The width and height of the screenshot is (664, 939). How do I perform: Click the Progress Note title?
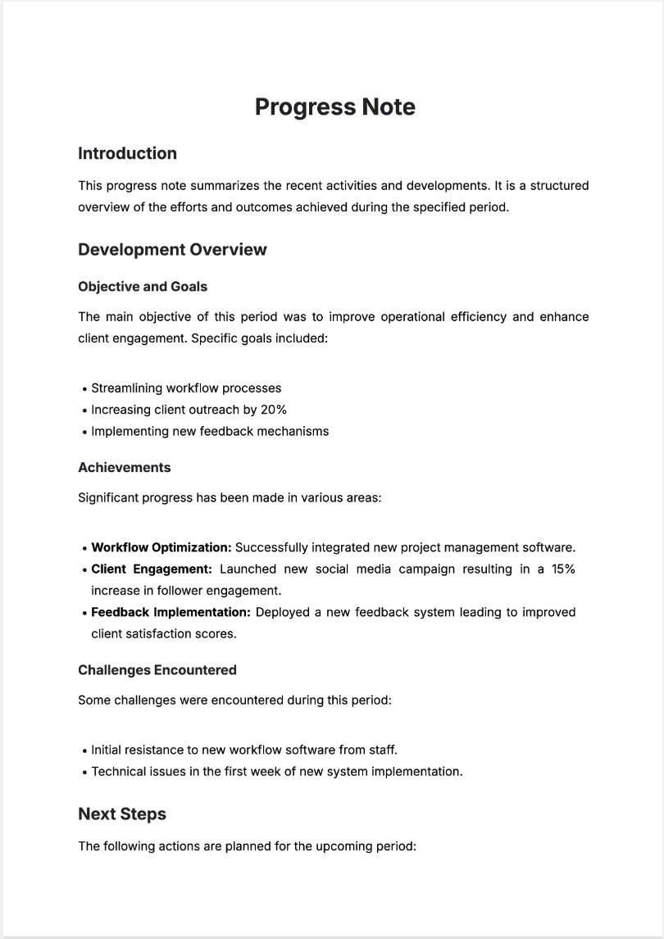pos(334,107)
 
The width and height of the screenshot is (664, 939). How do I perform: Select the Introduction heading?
pos(127,153)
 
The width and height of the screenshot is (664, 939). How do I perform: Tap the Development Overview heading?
pos(172,249)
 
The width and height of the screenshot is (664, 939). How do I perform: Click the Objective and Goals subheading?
pos(143,286)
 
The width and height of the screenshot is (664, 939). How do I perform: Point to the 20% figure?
pos(273,410)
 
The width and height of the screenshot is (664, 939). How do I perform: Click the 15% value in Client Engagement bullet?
pos(561,569)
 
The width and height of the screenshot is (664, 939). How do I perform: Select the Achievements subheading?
pos(125,467)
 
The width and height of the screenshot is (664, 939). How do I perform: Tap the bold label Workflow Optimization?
pos(161,547)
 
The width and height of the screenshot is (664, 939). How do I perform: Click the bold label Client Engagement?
pos(152,569)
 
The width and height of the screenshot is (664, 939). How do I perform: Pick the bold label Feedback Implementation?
pos(171,612)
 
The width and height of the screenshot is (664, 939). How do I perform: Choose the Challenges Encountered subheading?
pos(157,669)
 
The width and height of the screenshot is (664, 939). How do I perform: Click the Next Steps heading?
pos(122,814)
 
